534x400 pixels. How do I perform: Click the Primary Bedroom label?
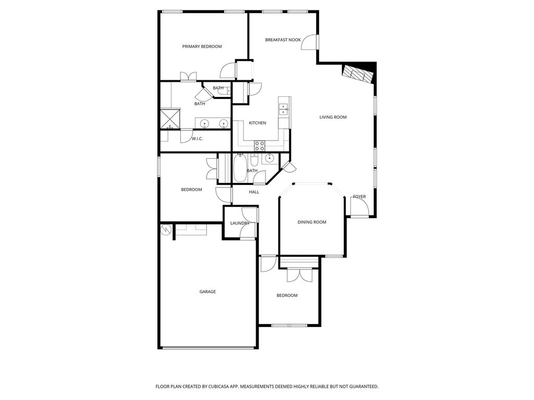(x=202, y=46)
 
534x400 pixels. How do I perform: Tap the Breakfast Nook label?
(x=283, y=40)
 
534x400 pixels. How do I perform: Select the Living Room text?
(x=333, y=117)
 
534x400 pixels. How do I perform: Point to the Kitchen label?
(x=258, y=123)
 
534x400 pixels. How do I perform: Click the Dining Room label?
(x=312, y=222)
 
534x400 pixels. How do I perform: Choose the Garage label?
(x=208, y=292)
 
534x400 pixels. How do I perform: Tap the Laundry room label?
(x=240, y=223)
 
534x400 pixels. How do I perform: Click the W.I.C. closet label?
(x=197, y=139)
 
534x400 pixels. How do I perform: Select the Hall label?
(x=254, y=192)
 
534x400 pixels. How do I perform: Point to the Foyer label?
(x=359, y=196)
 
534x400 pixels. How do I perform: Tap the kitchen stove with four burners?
(x=260, y=146)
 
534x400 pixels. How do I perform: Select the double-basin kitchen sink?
(x=283, y=109)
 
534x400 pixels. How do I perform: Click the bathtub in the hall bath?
(x=240, y=168)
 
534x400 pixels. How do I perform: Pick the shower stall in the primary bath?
(x=171, y=119)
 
